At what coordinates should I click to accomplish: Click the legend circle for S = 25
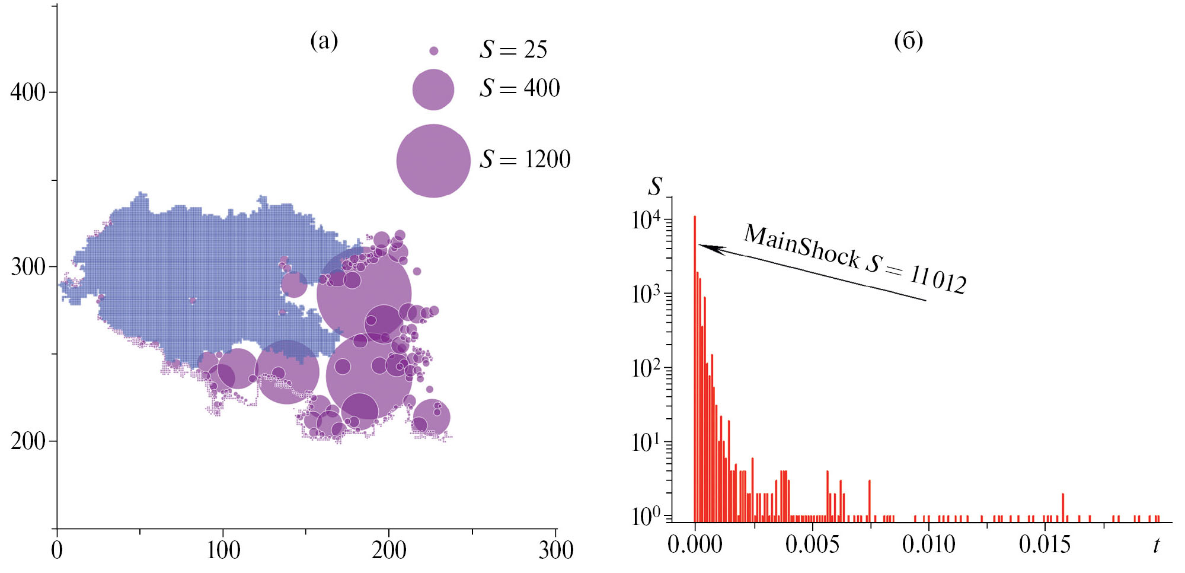click(x=433, y=51)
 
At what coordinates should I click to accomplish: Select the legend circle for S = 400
click(x=433, y=90)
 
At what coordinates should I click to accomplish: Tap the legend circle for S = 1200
click(x=433, y=161)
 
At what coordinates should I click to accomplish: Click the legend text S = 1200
click(x=525, y=159)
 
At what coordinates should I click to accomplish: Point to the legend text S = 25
click(x=513, y=50)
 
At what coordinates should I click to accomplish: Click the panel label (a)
click(x=324, y=41)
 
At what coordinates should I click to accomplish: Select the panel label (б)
click(x=908, y=41)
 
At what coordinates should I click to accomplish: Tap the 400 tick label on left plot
click(x=28, y=93)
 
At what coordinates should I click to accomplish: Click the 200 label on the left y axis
click(x=28, y=441)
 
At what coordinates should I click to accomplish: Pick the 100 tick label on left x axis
click(x=223, y=550)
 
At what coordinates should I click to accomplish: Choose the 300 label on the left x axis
click(x=555, y=550)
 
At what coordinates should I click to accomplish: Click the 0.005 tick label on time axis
click(x=812, y=545)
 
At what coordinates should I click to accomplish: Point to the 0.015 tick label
click(x=1045, y=545)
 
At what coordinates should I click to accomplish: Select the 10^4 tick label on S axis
click(x=646, y=220)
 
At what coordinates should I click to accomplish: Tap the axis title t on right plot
click(x=1156, y=545)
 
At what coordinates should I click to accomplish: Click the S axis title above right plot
click(x=654, y=186)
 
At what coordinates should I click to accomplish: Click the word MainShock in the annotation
click(x=801, y=246)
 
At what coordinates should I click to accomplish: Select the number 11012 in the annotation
click(x=938, y=279)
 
